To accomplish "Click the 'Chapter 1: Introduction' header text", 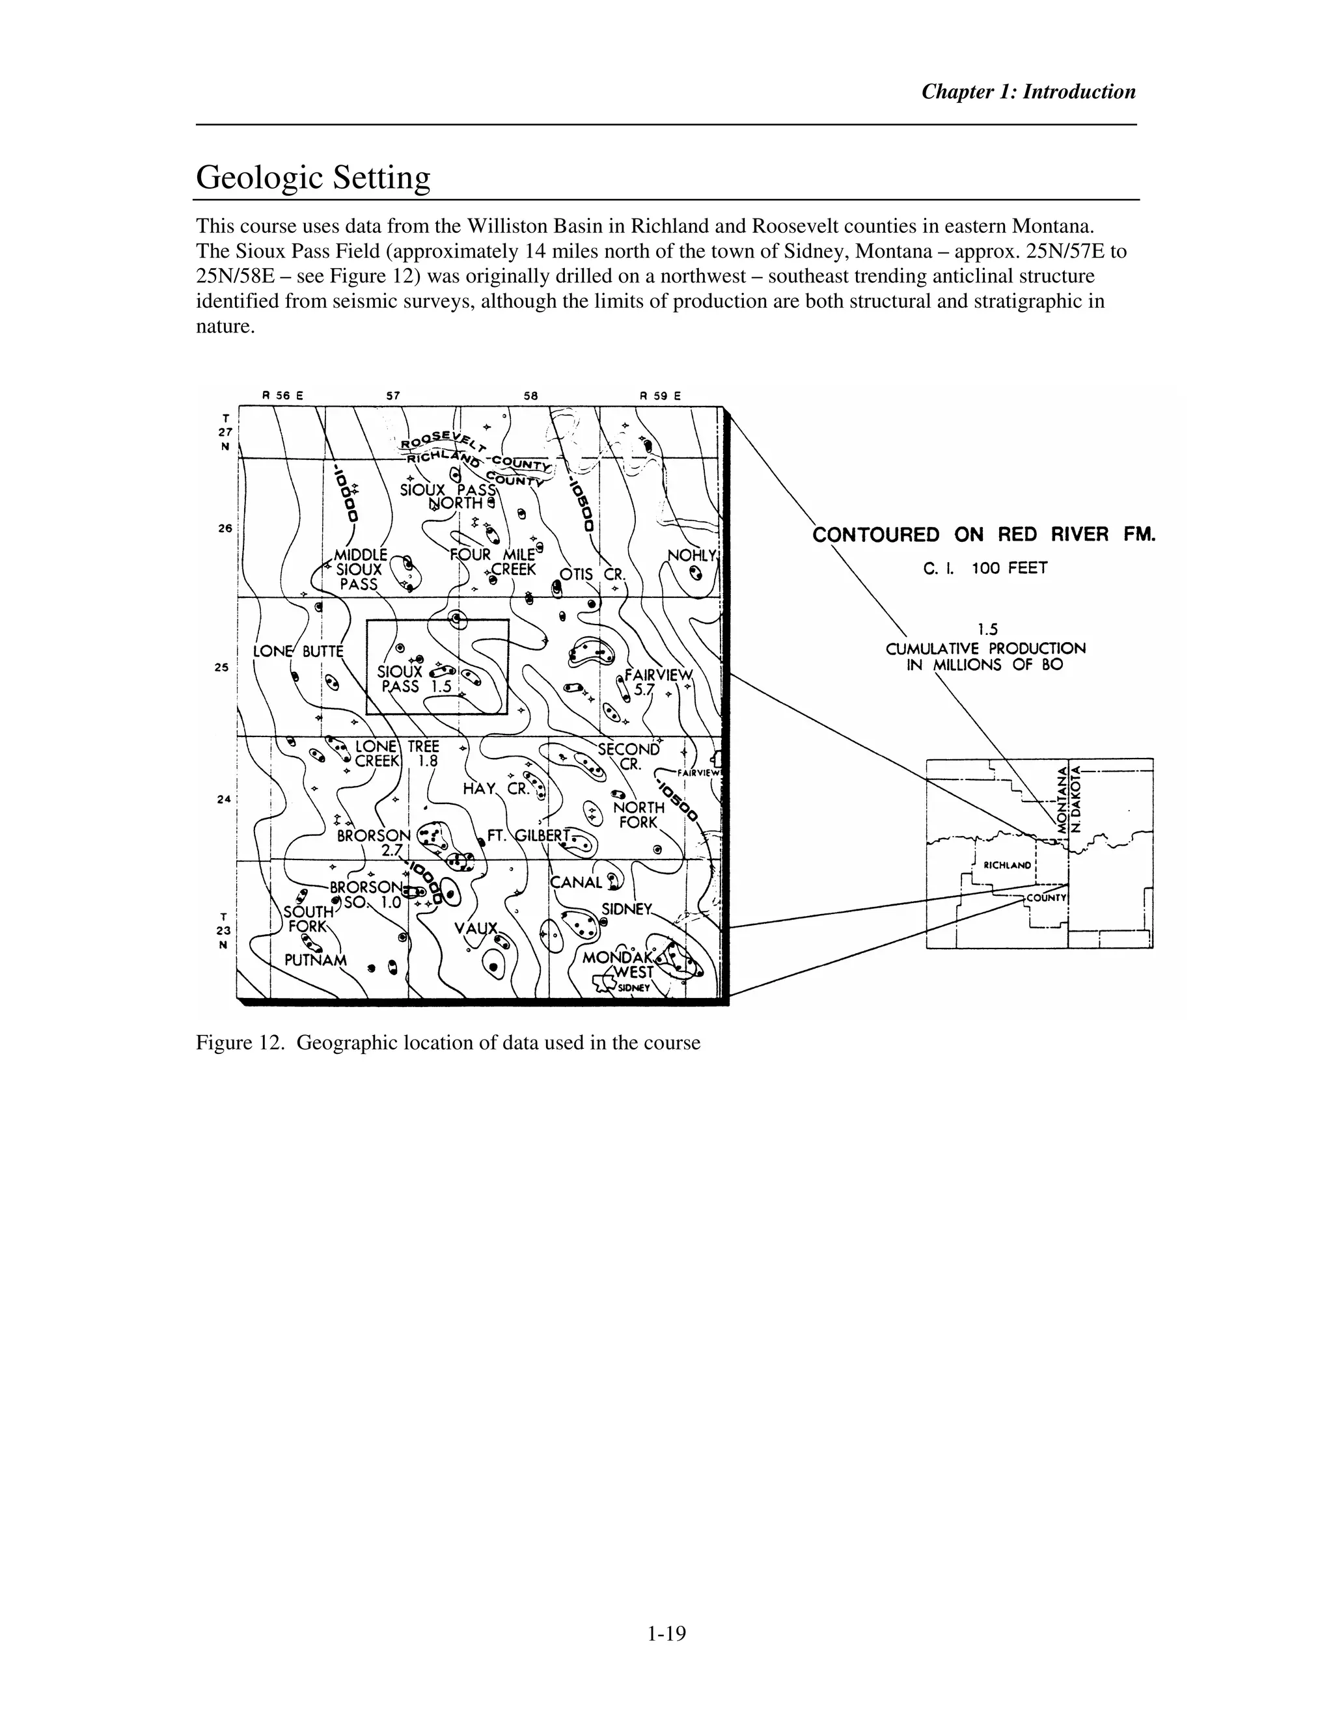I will [1028, 92].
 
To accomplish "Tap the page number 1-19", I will [666, 1633].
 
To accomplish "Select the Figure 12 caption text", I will [448, 1043].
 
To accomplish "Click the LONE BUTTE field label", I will [297, 651].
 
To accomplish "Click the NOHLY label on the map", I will [691, 555].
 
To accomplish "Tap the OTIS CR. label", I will [592, 574].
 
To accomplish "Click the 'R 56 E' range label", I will [282, 396].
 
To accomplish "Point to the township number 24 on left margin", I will [223, 799].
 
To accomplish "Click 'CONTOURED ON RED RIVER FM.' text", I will [983, 535].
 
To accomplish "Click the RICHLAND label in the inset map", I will [1007, 865].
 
